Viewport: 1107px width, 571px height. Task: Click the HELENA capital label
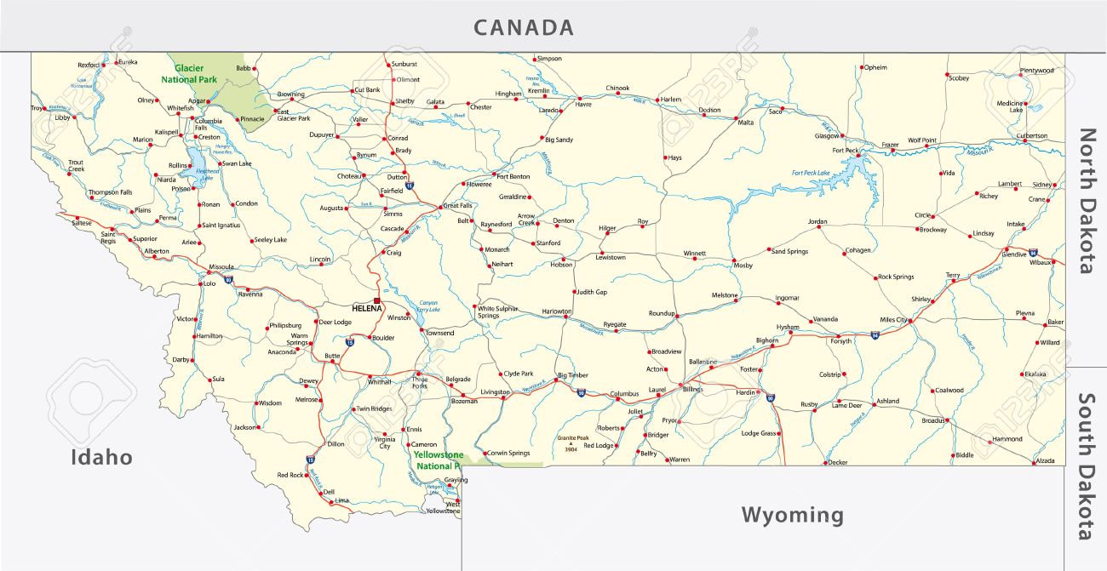[x=366, y=307]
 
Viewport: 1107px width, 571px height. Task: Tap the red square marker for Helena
[x=376, y=299]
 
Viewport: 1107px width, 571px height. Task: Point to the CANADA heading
[x=524, y=27]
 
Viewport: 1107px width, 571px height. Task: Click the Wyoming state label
[x=792, y=515]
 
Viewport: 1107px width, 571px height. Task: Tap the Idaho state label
[x=101, y=457]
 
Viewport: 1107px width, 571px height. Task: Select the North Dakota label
[x=1087, y=201]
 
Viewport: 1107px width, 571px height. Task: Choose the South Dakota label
[x=1087, y=466]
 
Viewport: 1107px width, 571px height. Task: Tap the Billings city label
[x=692, y=388]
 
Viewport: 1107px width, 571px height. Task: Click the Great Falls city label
[x=458, y=205]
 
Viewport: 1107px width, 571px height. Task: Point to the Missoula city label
[x=221, y=266]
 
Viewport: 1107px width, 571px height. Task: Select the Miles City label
[x=894, y=321]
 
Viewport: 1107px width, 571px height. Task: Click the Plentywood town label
[x=1036, y=71]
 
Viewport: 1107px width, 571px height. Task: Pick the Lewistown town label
[x=611, y=257]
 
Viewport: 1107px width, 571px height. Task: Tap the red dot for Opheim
[x=862, y=67]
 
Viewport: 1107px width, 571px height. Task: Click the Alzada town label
[x=1044, y=460]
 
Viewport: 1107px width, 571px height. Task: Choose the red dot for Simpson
[x=535, y=59]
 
